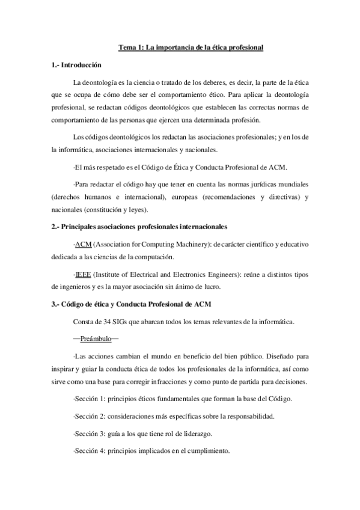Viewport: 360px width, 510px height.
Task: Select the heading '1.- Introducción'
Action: tap(76, 65)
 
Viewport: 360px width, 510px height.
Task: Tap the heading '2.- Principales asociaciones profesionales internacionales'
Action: tap(139, 227)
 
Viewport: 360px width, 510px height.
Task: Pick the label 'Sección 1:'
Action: tap(89, 400)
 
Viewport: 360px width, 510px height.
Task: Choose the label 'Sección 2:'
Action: tap(89, 417)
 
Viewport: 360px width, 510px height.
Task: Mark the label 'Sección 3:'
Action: tap(89, 434)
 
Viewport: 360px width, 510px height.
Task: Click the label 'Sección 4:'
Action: tap(89, 451)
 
